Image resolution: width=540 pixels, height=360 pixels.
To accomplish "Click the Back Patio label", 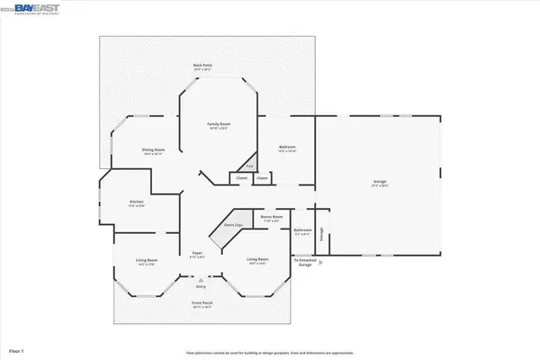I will [202, 66].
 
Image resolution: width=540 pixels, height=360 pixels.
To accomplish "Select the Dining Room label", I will [153, 150].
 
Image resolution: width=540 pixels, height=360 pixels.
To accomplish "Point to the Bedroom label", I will [287, 148].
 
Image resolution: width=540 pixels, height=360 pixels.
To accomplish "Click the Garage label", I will [380, 183].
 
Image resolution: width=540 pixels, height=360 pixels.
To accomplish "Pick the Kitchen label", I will [136, 202].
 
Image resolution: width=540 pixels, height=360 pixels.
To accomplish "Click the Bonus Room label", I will [272, 217].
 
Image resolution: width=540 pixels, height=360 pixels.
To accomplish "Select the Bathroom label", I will [302, 231].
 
